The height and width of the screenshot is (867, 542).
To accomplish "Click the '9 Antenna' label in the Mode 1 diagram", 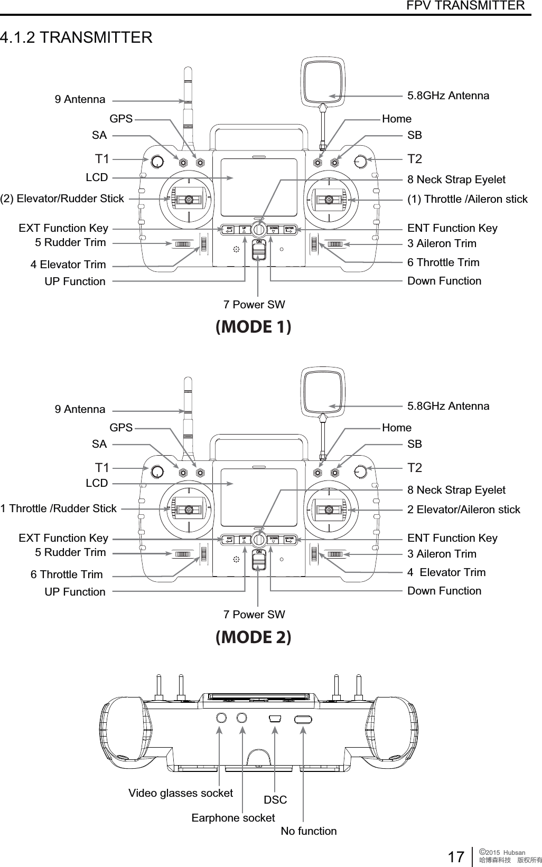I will click(80, 99).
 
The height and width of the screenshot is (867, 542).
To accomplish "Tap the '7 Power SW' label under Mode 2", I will click(254, 615).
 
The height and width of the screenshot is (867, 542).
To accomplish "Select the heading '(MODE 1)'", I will click(254, 327).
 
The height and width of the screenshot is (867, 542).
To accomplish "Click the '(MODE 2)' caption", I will click(254, 637).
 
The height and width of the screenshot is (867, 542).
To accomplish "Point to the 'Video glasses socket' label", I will click(181, 793).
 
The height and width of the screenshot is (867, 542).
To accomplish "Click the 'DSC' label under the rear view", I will click(275, 800).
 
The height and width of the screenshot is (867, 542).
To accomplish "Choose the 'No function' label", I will click(309, 831).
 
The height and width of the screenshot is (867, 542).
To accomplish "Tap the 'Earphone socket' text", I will click(233, 818).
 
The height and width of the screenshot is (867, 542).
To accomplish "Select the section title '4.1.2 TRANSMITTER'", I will click(77, 38).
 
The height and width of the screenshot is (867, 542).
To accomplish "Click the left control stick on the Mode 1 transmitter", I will click(187, 200).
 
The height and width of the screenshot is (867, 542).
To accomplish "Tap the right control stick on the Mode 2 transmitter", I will click(329, 510).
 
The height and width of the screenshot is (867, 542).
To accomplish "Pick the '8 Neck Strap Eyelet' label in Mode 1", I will click(456, 180).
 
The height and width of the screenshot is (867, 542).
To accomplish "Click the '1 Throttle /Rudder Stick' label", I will click(59, 508).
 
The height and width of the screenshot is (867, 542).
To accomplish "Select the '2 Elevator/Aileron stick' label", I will click(464, 510).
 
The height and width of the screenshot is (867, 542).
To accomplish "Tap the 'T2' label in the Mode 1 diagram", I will click(415, 159).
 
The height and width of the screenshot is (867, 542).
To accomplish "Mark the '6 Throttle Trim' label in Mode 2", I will click(67, 574).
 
